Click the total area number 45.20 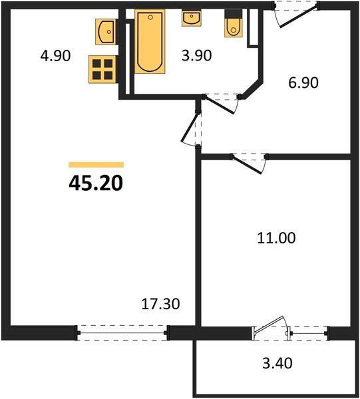(95, 182)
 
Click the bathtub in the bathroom (150, 41)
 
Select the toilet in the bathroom (234, 26)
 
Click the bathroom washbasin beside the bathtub (191, 17)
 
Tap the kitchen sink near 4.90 (106, 31)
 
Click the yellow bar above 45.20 (96, 164)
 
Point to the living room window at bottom (121, 331)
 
